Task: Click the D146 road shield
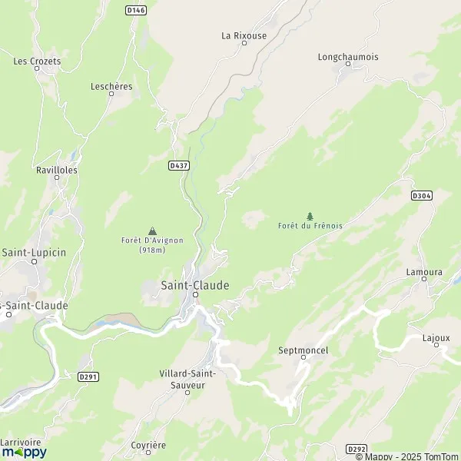point(135,10)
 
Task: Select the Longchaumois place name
point(348,57)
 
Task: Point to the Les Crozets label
point(37,61)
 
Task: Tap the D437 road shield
point(178,164)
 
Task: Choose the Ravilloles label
point(57,170)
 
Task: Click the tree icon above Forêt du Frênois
point(310,216)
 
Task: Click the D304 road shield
point(422,196)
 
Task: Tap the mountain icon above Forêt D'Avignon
point(152,230)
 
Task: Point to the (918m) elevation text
point(152,250)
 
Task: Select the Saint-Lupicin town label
point(33,252)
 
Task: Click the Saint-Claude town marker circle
point(195,294)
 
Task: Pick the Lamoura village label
point(424,272)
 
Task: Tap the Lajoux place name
point(436,337)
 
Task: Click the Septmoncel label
point(303,350)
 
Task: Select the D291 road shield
point(88,376)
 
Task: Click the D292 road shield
point(356,449)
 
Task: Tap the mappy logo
point(24,452)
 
